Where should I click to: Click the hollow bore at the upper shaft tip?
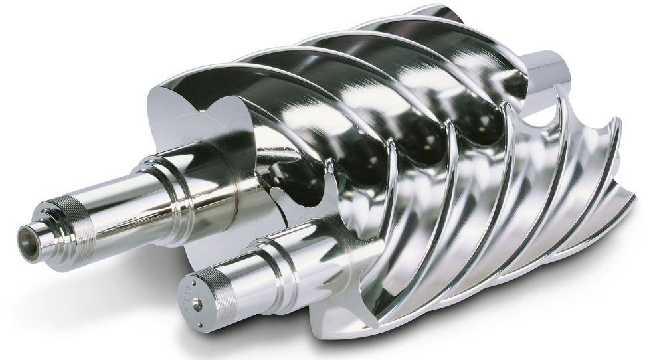[x=27, y=234]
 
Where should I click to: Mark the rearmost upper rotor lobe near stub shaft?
[x=465, y=40]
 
